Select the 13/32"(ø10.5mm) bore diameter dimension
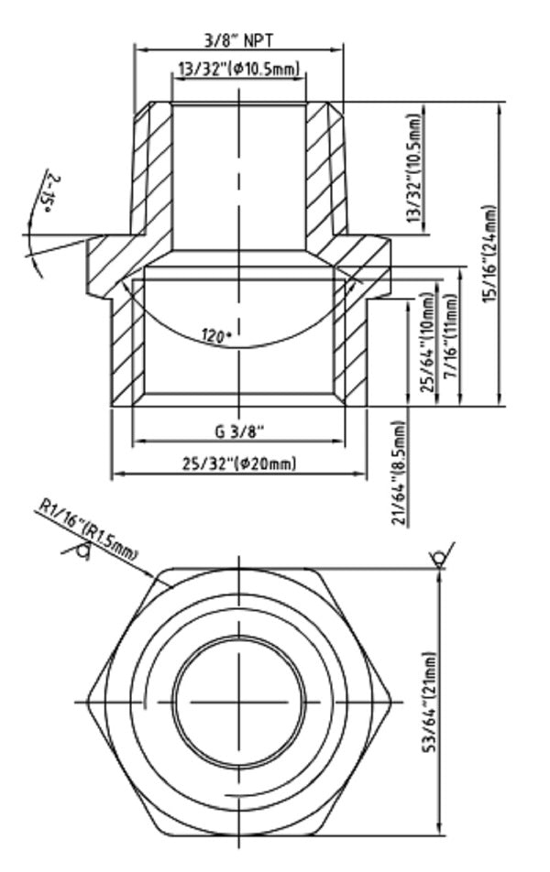[x=239, y=70]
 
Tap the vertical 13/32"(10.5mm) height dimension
[x=416, y=169]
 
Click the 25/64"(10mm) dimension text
[x=425, y=343]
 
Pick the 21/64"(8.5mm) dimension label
[x=399, y=472]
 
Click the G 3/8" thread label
[x=239, y=431]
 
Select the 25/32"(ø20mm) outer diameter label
[x=239, y=463]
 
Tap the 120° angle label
[x=216, y=335]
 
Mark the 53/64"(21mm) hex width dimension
[x=431, y=701]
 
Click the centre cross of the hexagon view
[x=240, y=703]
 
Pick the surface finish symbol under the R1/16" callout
[x=80, y=550]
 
